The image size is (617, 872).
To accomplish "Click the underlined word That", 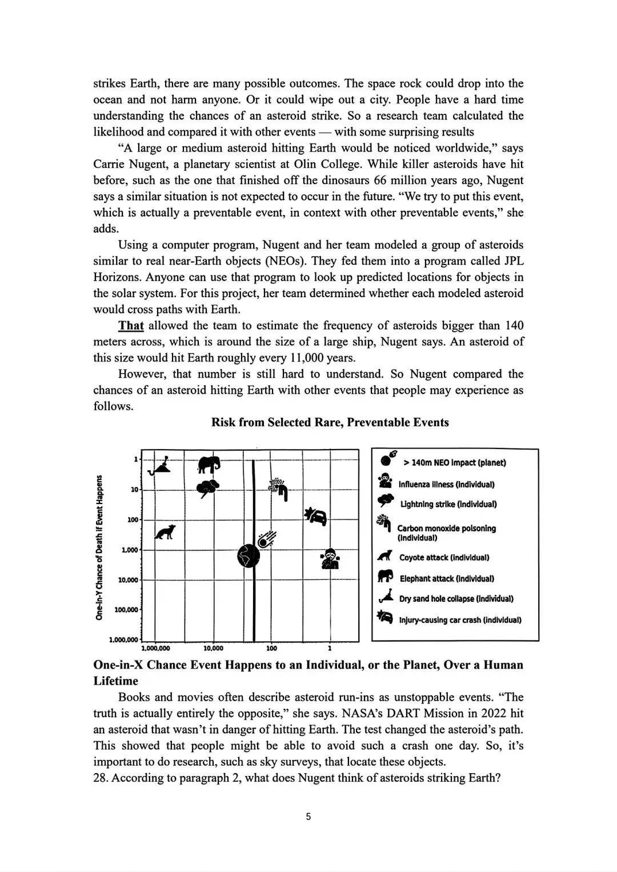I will [131, 326].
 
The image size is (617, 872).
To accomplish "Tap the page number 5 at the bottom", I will [308, 817].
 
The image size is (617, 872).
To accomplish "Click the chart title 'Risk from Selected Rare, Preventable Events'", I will [330, 422].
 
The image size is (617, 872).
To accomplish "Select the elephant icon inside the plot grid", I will [209, 465].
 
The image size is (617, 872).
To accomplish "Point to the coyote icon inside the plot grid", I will [166, 533].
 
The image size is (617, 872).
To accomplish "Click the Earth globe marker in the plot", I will [249, 555].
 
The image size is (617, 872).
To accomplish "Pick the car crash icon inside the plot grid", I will [316, 516].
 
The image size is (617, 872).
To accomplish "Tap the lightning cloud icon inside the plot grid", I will [207, 489].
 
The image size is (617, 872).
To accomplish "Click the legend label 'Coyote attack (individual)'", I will [443, 558].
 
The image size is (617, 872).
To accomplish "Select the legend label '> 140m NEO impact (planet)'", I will [454, 463].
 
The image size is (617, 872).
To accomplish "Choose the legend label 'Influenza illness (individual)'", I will [446, 485].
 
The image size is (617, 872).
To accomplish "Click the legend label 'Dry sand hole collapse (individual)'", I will [456, 599].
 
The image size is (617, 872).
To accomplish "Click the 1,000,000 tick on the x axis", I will [155, 649].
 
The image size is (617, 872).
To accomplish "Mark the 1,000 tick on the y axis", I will [130, 550].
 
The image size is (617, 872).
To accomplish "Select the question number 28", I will [101, 778].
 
